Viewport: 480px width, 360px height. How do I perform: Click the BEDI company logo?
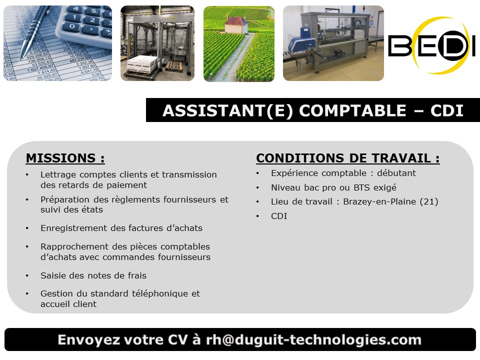coord(431,45)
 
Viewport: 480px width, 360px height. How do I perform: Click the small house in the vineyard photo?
coord(236,25)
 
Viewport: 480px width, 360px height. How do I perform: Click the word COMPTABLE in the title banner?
coord(352,110)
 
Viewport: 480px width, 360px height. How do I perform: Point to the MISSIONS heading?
coord(65,158)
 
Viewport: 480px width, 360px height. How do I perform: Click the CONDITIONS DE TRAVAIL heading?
coord(348,158)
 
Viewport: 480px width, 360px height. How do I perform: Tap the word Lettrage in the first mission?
coord(58,175)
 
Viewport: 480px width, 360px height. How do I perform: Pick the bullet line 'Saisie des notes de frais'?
coord(93,275)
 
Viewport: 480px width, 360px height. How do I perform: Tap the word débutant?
coord(396,173)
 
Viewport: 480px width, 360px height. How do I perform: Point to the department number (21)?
coord(429,201)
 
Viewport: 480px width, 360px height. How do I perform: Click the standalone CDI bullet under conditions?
coord(279,216)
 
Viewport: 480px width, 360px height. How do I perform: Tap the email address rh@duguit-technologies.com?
coord(314,340)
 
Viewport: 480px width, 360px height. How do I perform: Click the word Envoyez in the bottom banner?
coord(89,340)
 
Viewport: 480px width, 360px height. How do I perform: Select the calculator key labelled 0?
coord(72,26)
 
